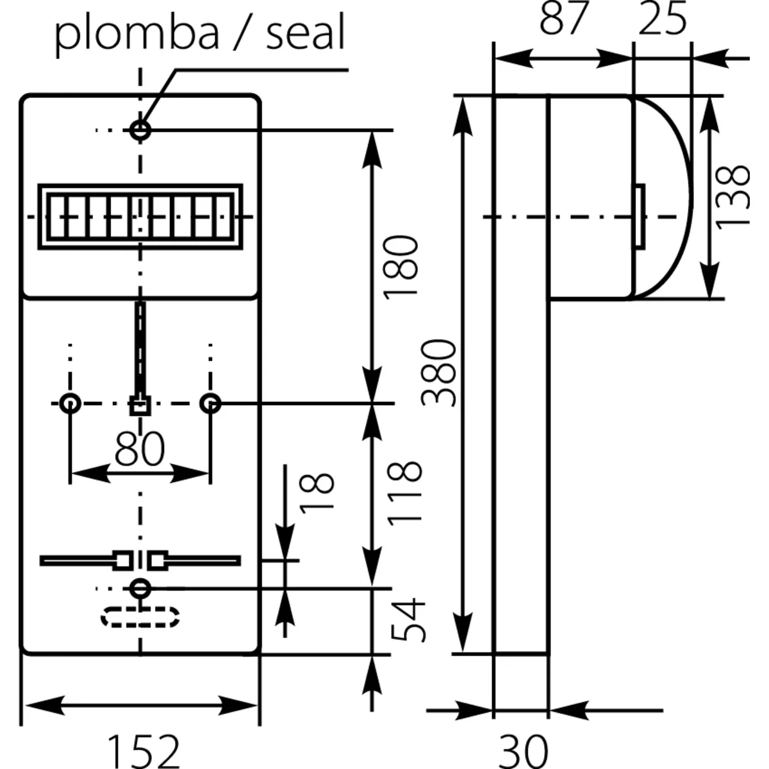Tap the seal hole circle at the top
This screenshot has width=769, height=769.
(x=140, y=130)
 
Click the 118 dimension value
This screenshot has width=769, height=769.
(x=406, y=492)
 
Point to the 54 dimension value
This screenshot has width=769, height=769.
(x=408, y=620)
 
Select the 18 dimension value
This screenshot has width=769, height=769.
(x=317, y=492)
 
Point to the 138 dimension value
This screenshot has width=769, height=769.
(x=732, y=195)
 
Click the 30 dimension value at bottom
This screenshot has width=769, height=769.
(x=523, y=750)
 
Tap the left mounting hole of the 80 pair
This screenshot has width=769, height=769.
(x=70, y=404)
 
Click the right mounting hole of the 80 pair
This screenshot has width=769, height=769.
(x=210, y=404)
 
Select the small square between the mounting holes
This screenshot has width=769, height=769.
(x=140, y=405)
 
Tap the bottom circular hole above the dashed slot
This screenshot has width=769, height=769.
(x=140, y=587)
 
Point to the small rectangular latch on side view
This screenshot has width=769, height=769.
(x=639, y=216)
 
